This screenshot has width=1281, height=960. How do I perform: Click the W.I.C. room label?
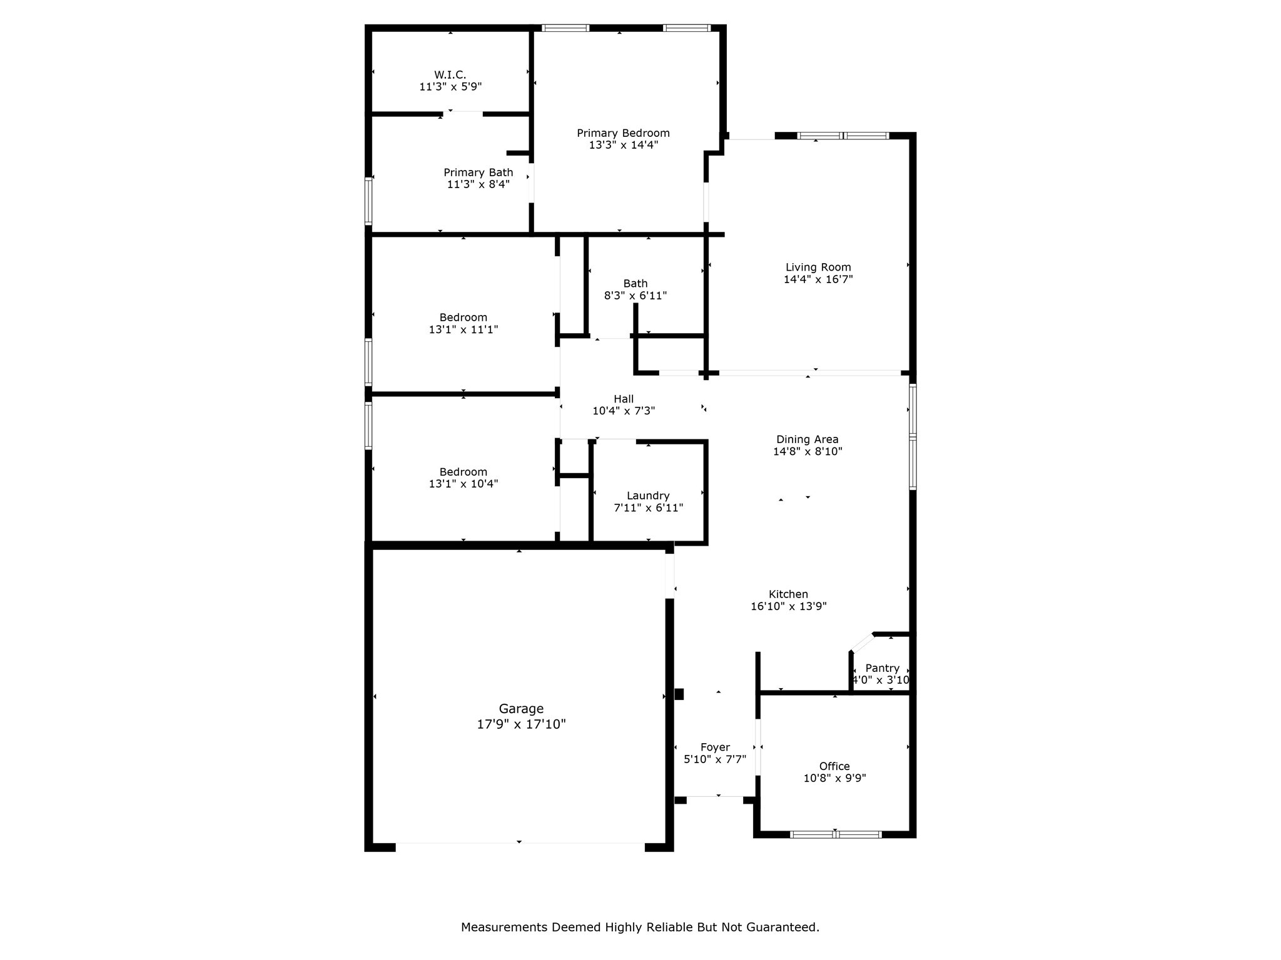(450, 74)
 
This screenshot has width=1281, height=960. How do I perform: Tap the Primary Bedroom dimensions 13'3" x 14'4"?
(623, 145)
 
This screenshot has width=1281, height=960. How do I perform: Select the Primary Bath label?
(478, 172)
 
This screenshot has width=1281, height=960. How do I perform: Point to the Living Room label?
(818, 267)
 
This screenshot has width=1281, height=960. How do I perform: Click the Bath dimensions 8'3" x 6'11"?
(635, 296)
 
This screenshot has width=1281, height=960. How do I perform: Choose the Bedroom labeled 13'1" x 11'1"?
(463, 323)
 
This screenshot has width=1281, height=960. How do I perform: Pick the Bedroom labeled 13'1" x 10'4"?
(463, 477)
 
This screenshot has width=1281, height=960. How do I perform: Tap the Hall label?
(624, 399)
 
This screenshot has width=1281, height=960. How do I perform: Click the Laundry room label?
(648, 496)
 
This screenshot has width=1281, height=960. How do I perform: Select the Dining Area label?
(808, 439)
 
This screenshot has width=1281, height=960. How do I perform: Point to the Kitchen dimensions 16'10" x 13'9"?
(789, 606)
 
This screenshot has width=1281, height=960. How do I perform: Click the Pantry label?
(883, 668)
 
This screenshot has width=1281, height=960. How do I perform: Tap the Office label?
(834, 766)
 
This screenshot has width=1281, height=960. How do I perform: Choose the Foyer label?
(715, 747)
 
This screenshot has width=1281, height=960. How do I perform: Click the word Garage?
(521, 709)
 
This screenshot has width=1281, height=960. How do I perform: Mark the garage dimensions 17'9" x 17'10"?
(521, 724)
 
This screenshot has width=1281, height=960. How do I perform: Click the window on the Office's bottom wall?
(836, 834)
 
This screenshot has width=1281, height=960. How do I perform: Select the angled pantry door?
(863, 642)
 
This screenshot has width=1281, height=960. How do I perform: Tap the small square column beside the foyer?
(679, 694)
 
